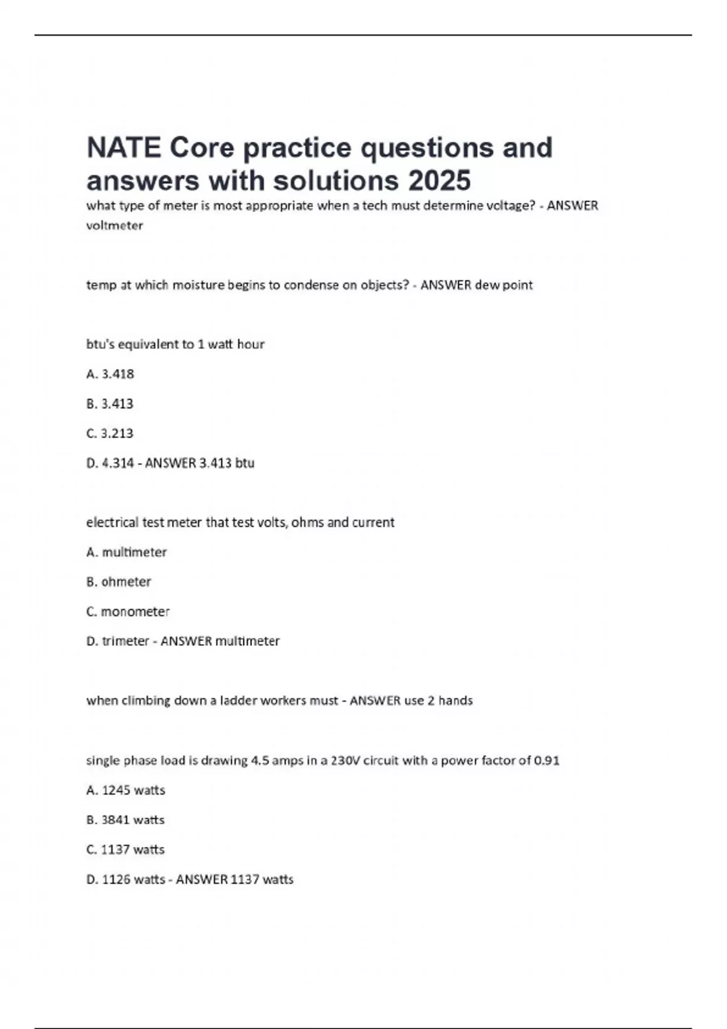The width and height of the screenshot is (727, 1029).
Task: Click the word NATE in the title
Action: click(124, 148)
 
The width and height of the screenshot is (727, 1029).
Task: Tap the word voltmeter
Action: click(115, 225)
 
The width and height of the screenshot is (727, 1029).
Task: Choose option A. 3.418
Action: click(110, 374)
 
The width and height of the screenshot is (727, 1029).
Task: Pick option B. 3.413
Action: click(110, 404)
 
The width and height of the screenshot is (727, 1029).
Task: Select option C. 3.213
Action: click(110, 433)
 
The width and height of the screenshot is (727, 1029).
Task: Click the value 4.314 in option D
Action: click(118, 463)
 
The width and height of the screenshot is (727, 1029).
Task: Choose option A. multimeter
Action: click(127, 552)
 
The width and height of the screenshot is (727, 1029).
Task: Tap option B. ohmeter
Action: click(119, 582)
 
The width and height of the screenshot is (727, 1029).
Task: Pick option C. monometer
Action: click(128, 611)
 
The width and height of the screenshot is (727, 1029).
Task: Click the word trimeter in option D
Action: click(125, 641)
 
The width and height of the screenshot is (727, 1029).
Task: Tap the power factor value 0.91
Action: click(546, 760)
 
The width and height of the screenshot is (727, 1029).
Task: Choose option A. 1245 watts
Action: click(126, 790)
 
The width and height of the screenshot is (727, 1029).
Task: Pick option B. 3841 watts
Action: click(125, 820)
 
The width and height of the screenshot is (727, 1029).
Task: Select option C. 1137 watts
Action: click(125, 849)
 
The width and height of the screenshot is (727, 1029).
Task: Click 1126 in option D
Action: click(116, 879)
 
